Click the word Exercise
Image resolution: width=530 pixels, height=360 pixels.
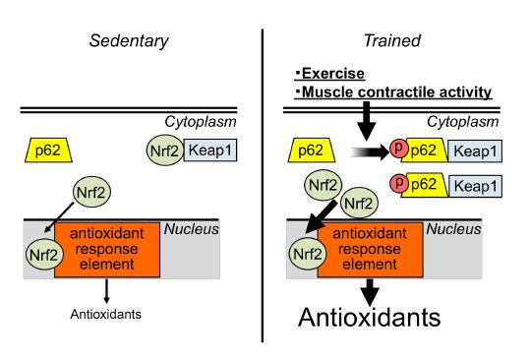point(331,75)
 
